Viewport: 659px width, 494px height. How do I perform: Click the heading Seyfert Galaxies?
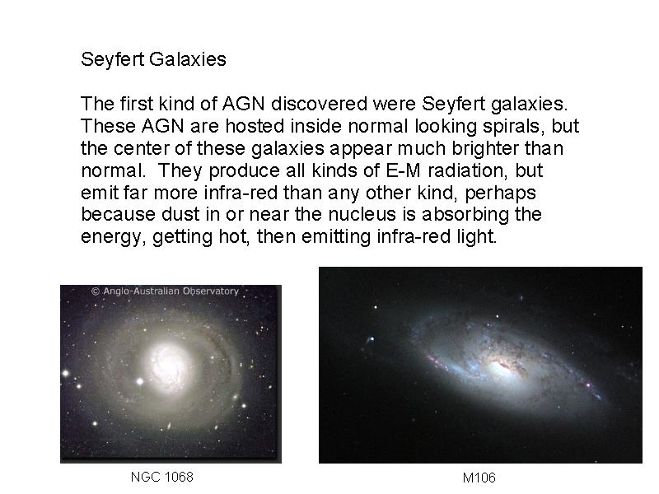pyautogui.click(x=153, y=59)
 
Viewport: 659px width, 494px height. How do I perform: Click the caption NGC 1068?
pyautogui.click(x=161, y=477)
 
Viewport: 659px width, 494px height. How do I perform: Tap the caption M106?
pyautogui.click(x=479, y=478)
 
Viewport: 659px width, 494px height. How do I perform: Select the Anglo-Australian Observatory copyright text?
pyautogui.click(x=165, y=291)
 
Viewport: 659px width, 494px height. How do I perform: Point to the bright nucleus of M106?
pyautogui.click(x=500, y=366)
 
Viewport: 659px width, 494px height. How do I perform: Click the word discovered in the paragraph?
pyautogui.click(x=320, y=104)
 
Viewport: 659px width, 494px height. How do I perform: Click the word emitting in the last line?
pyautogui.click(x=336, y=236)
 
